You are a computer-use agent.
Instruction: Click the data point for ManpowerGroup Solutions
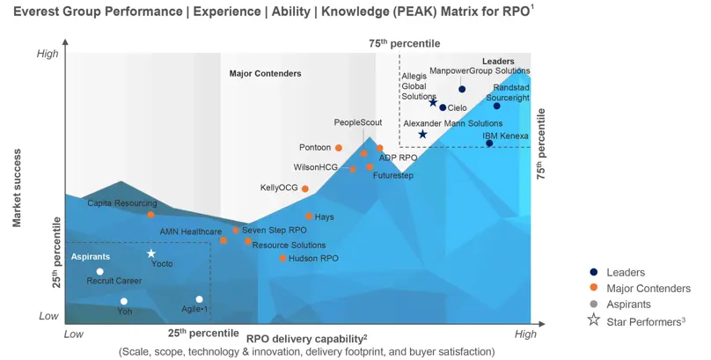(462, 89)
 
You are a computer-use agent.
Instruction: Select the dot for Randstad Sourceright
(496, 106)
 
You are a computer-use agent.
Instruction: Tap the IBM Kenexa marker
(489, 143)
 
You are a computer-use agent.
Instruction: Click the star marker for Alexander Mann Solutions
(422, 134)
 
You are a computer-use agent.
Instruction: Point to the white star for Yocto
(150, 253)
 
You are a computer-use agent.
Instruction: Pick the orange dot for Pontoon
(339, 148)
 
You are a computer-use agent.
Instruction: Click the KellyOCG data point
(305, 188)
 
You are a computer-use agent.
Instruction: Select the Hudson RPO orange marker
(282, 258)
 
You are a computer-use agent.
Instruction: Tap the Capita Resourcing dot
(150, 214)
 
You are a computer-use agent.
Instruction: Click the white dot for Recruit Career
(100, 271)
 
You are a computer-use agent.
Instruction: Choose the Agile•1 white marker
(200, 299)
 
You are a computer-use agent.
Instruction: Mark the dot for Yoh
(123, 301)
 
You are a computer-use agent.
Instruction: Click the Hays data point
(309, 216)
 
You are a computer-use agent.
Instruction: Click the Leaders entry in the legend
(625, 273)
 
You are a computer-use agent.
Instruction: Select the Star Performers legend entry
(644, 320)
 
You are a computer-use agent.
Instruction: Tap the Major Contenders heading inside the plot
(265, 73)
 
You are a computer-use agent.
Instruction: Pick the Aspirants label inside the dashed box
(91, 256)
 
